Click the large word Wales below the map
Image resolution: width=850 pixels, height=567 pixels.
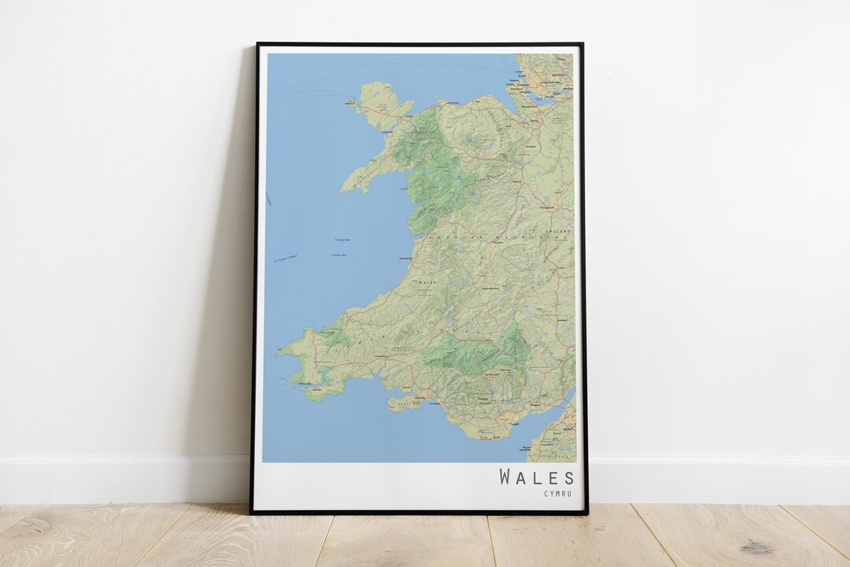click(x=537, y=477)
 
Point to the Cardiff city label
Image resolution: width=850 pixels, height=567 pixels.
click(x=517, y=425)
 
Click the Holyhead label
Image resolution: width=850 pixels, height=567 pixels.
click(x=351, y=101)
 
